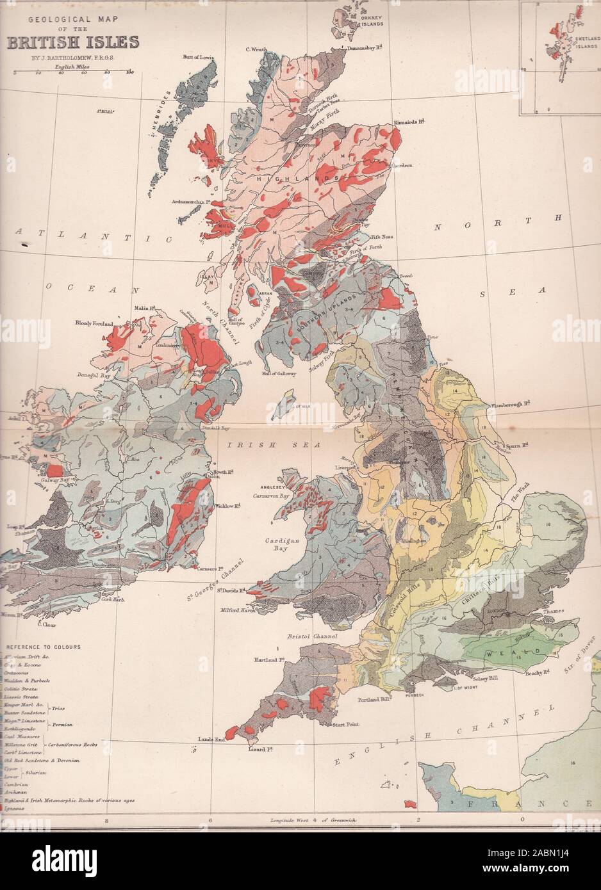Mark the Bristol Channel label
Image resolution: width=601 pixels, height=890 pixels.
[x=312, y=638]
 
